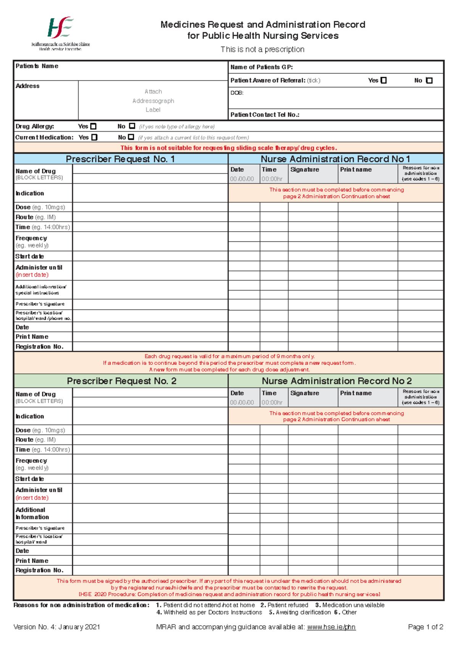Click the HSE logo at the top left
pyautogui.click(x=60, y=28)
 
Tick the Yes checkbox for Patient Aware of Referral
pyautogui.click(x=384, y=80)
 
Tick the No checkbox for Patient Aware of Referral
pyautogui.click(x=429, y=80)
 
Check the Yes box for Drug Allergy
pyautogui.click(x=93, y=126)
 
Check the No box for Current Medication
pyautogui.click(x=131, y=137)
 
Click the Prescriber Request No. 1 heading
pyautogui.click(x=120, y=159)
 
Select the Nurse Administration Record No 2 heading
pyautogui.click(x=336, y=381)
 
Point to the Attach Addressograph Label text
pyautogui.click(x=153, y=101)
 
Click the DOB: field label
pyautogui.click(x=237, y=93)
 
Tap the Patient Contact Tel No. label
pyautogui.click(x=264, y=114)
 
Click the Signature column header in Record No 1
pyautogui.click(x=305, y=169)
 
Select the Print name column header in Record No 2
pyautogui.click(x=356, y=393)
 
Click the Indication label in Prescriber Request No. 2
pyautogui.click(x=30, y=416)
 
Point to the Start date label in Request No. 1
pyautogui.click(x=30, y=256)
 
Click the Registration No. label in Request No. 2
pyautogui.click(x=39, y=570)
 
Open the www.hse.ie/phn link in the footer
pyautogui.click(x=331, y=627)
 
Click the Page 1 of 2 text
pyautogui.click(x=425, y=627)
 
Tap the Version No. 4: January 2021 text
pyautogui.click(x=56, y=627)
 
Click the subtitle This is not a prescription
pyautogui.click(x=263, y=50)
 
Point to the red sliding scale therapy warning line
pyautogui.click(x=229, y=148)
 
